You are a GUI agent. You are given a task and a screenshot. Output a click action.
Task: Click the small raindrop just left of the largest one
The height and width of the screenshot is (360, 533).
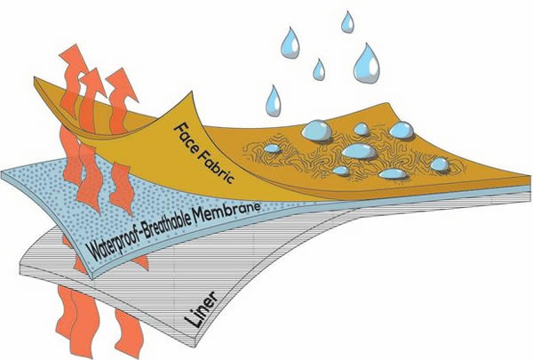point(318,68)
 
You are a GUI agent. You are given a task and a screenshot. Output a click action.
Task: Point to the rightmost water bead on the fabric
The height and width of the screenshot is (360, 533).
point(439,164)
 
